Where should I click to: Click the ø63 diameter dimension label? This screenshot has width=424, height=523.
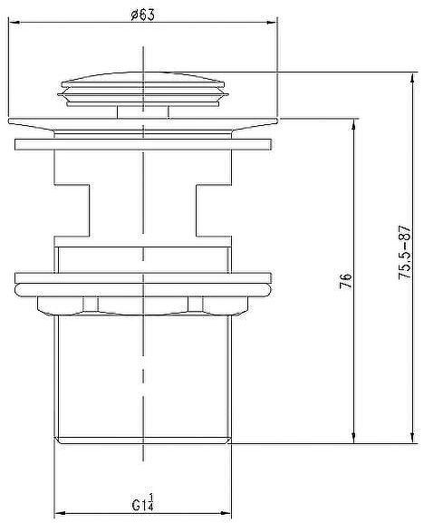(142, 15)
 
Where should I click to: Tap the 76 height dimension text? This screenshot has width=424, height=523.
(346, 281)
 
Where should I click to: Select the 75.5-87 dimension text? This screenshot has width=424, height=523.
(405, 253)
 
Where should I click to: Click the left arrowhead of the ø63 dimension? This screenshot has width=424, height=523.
(15, 23)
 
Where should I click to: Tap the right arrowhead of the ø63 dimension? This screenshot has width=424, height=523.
(271, 23)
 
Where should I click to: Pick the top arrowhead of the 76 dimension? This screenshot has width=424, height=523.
(354, 125)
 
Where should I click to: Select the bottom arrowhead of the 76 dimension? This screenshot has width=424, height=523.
(354, 437)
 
